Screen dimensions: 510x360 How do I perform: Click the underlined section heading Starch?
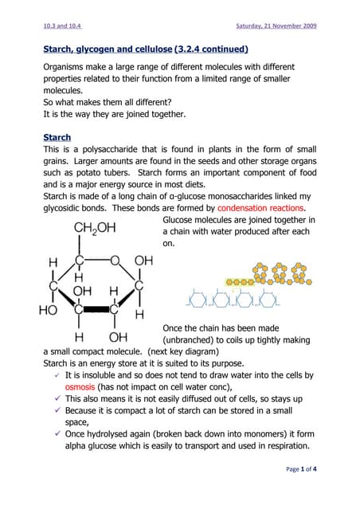[57, 137]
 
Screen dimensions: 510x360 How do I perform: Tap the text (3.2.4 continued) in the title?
[211, 49]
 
